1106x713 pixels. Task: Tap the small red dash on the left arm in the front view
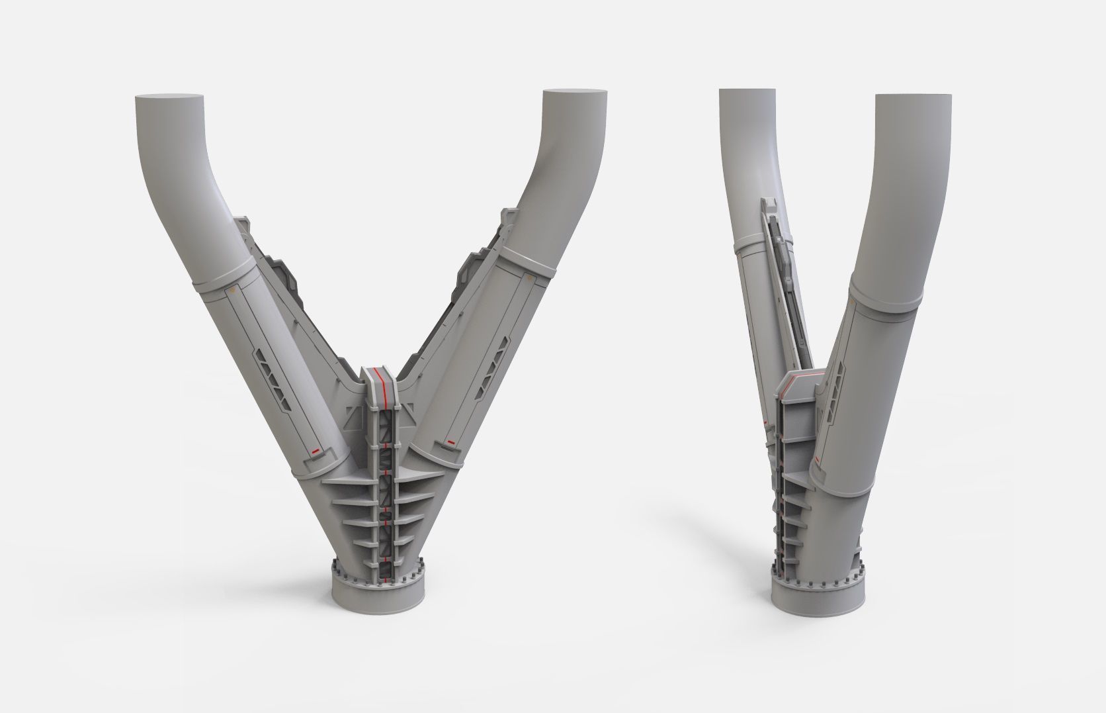click(316, 450)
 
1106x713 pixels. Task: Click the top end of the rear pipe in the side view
click(747, 92)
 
